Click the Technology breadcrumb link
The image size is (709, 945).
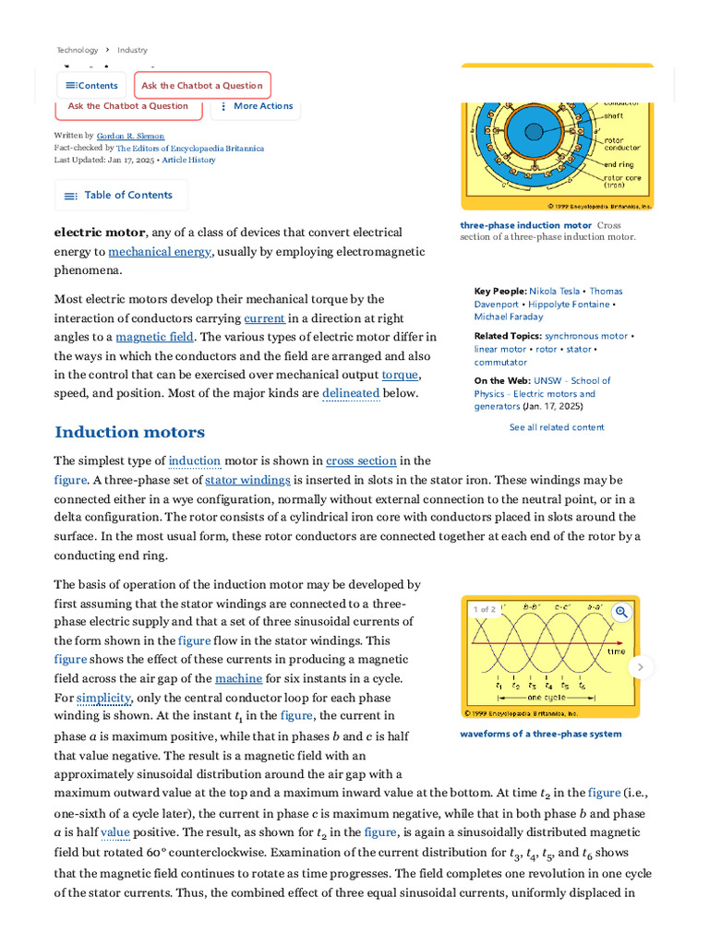[77, 50]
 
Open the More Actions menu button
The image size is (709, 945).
[257, 106]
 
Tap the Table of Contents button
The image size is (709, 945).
[120, 196]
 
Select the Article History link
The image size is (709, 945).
[188, 160]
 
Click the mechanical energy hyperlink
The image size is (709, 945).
[160, 252]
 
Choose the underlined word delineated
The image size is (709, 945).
[351, 393]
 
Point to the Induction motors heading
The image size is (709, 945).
[129, 432]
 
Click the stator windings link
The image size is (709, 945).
[247, 480]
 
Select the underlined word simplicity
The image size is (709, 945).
[103, 698]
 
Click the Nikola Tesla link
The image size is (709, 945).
[555, 291]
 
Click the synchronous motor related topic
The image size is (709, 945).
[585, 336]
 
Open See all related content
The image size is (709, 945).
[557, 427]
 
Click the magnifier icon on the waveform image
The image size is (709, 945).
[621, 611]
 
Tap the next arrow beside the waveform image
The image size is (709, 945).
[641, 666]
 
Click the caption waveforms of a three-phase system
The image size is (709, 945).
[527, 734]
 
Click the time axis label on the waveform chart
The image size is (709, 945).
[616, 652]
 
